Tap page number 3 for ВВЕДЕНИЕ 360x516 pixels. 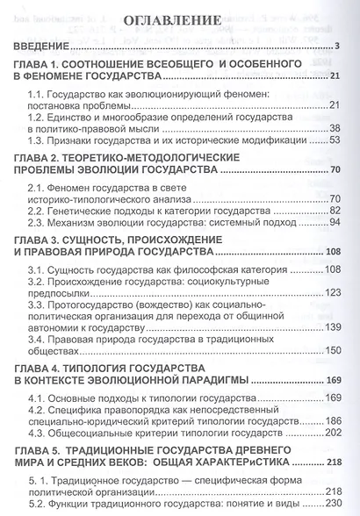[338, 47]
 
